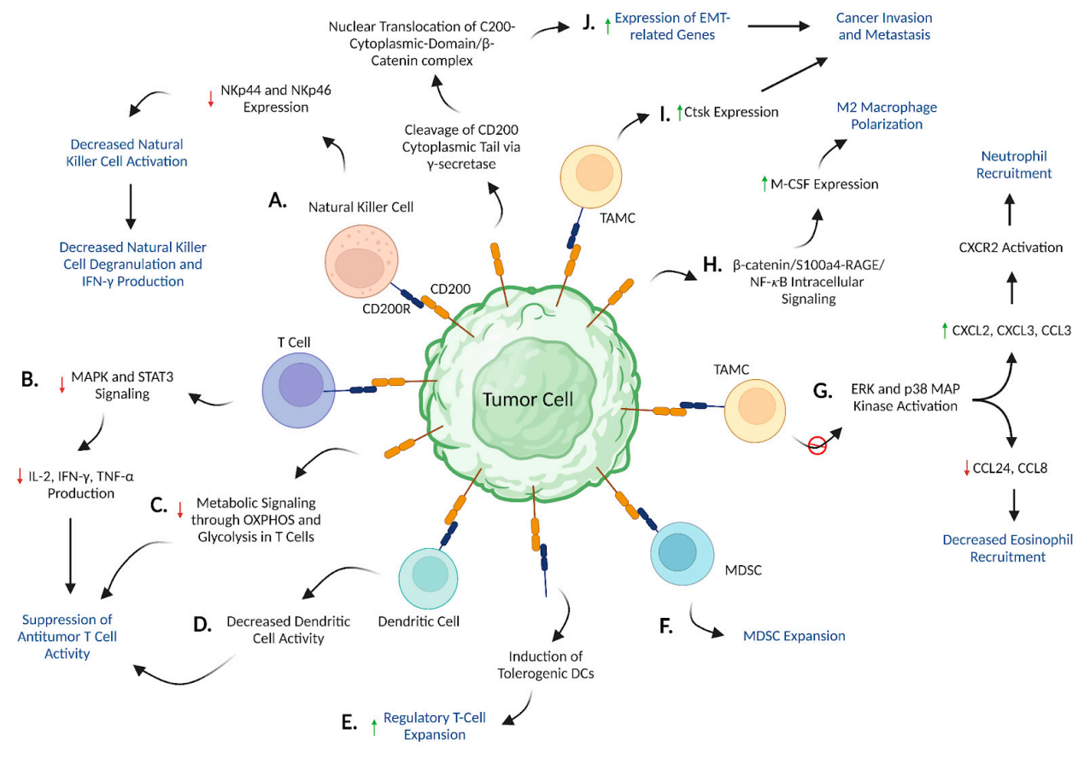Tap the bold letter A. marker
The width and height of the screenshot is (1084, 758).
278,200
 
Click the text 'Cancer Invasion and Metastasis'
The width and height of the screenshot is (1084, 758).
883,26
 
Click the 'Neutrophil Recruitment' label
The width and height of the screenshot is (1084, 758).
1014,165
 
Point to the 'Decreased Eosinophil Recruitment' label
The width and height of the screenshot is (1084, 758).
1007,548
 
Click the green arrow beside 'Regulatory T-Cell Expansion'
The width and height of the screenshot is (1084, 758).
373,726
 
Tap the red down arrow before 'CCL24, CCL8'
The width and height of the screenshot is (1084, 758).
967,467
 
